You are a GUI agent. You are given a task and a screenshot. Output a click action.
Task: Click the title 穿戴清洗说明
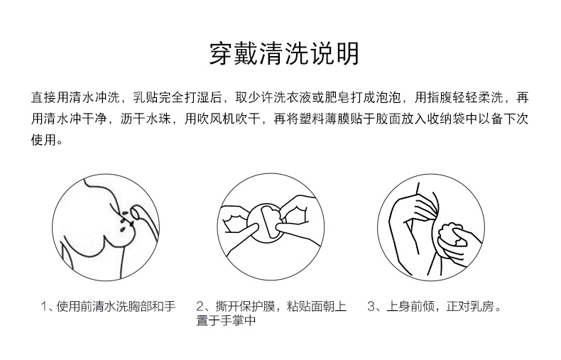click(284, 54)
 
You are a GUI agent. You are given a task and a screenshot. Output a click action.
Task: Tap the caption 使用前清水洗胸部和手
click(116, 306)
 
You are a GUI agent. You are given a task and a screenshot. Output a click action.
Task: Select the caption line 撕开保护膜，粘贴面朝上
click(281, 306)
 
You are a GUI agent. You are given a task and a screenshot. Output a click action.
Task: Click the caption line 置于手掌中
click(226, 321)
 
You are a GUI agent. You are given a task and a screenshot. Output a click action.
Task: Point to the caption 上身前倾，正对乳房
click(444, 306)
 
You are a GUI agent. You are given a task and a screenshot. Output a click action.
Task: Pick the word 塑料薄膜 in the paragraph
click(325, 119)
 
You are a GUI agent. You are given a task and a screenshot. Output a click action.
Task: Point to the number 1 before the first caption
click(44, 307)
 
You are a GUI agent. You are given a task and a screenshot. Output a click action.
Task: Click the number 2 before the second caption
click(200, 307)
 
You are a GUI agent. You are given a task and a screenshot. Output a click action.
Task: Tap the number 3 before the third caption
click(371, 307)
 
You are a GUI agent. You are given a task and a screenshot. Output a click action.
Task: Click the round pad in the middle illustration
click(265, 222)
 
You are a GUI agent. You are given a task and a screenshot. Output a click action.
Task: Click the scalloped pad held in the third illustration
click(452, 234)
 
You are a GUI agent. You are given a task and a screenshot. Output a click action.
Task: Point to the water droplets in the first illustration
click(124, 221)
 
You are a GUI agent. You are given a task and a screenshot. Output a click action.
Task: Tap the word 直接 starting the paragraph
click(43, 97)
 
